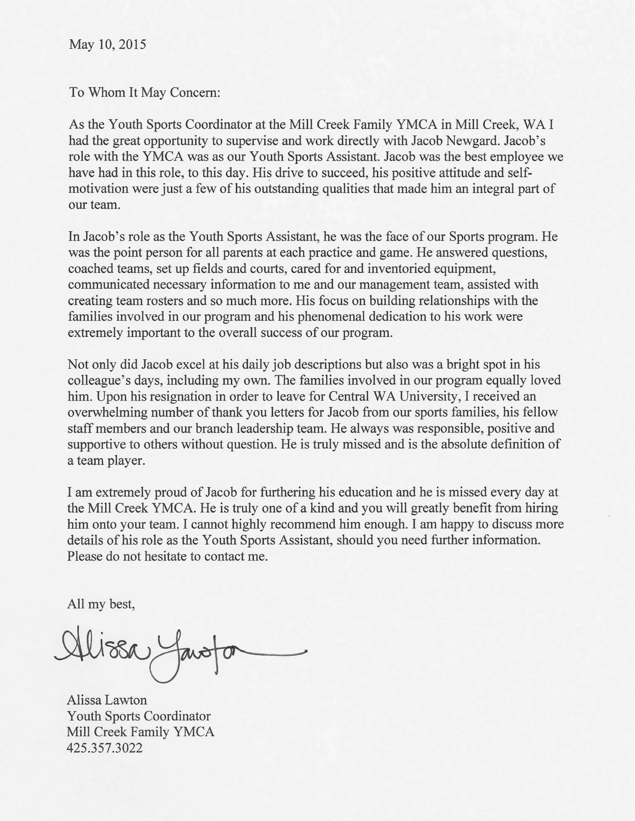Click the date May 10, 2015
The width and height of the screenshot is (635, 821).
click(108, 45)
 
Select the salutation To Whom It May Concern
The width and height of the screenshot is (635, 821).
click(144, 92)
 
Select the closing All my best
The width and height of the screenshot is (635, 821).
click(101, 604)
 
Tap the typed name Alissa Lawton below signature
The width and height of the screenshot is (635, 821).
click(107, 700)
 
